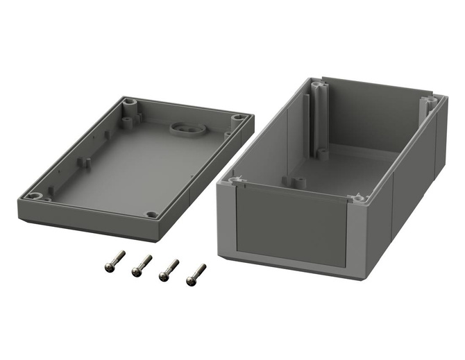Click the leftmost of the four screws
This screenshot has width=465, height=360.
113,260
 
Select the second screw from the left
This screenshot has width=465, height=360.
141,264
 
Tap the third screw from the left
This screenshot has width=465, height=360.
169,269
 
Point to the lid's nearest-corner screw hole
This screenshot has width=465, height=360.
152,214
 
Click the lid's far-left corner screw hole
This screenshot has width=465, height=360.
130,102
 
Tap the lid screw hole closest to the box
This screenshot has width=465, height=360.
238,119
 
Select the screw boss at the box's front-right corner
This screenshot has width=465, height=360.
359,199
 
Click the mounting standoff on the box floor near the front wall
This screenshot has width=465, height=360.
298,182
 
